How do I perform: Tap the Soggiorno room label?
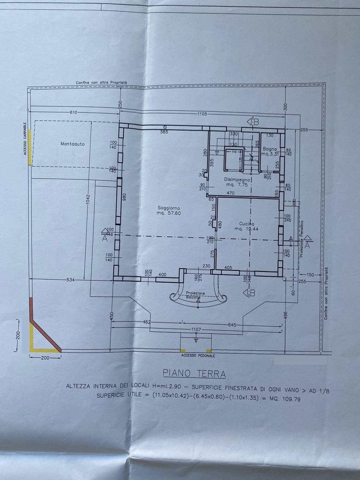click(x=169, y=211)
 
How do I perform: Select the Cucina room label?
click(x=247, y=226)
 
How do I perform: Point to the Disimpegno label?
click(x=237, y=182)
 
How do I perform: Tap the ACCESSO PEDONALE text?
click(x=198, y=356)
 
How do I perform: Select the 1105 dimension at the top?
click(x=202, y=114)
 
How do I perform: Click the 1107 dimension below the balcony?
click(x=197, y=329)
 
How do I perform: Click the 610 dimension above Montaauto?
click(x=74, y=112)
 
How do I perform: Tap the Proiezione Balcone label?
click(x=195, y=295)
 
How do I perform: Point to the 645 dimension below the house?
click(x=232, y=324)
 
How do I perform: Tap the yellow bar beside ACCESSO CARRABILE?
click(x=29, y=147)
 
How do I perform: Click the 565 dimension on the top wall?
click(x=164, y=132)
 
